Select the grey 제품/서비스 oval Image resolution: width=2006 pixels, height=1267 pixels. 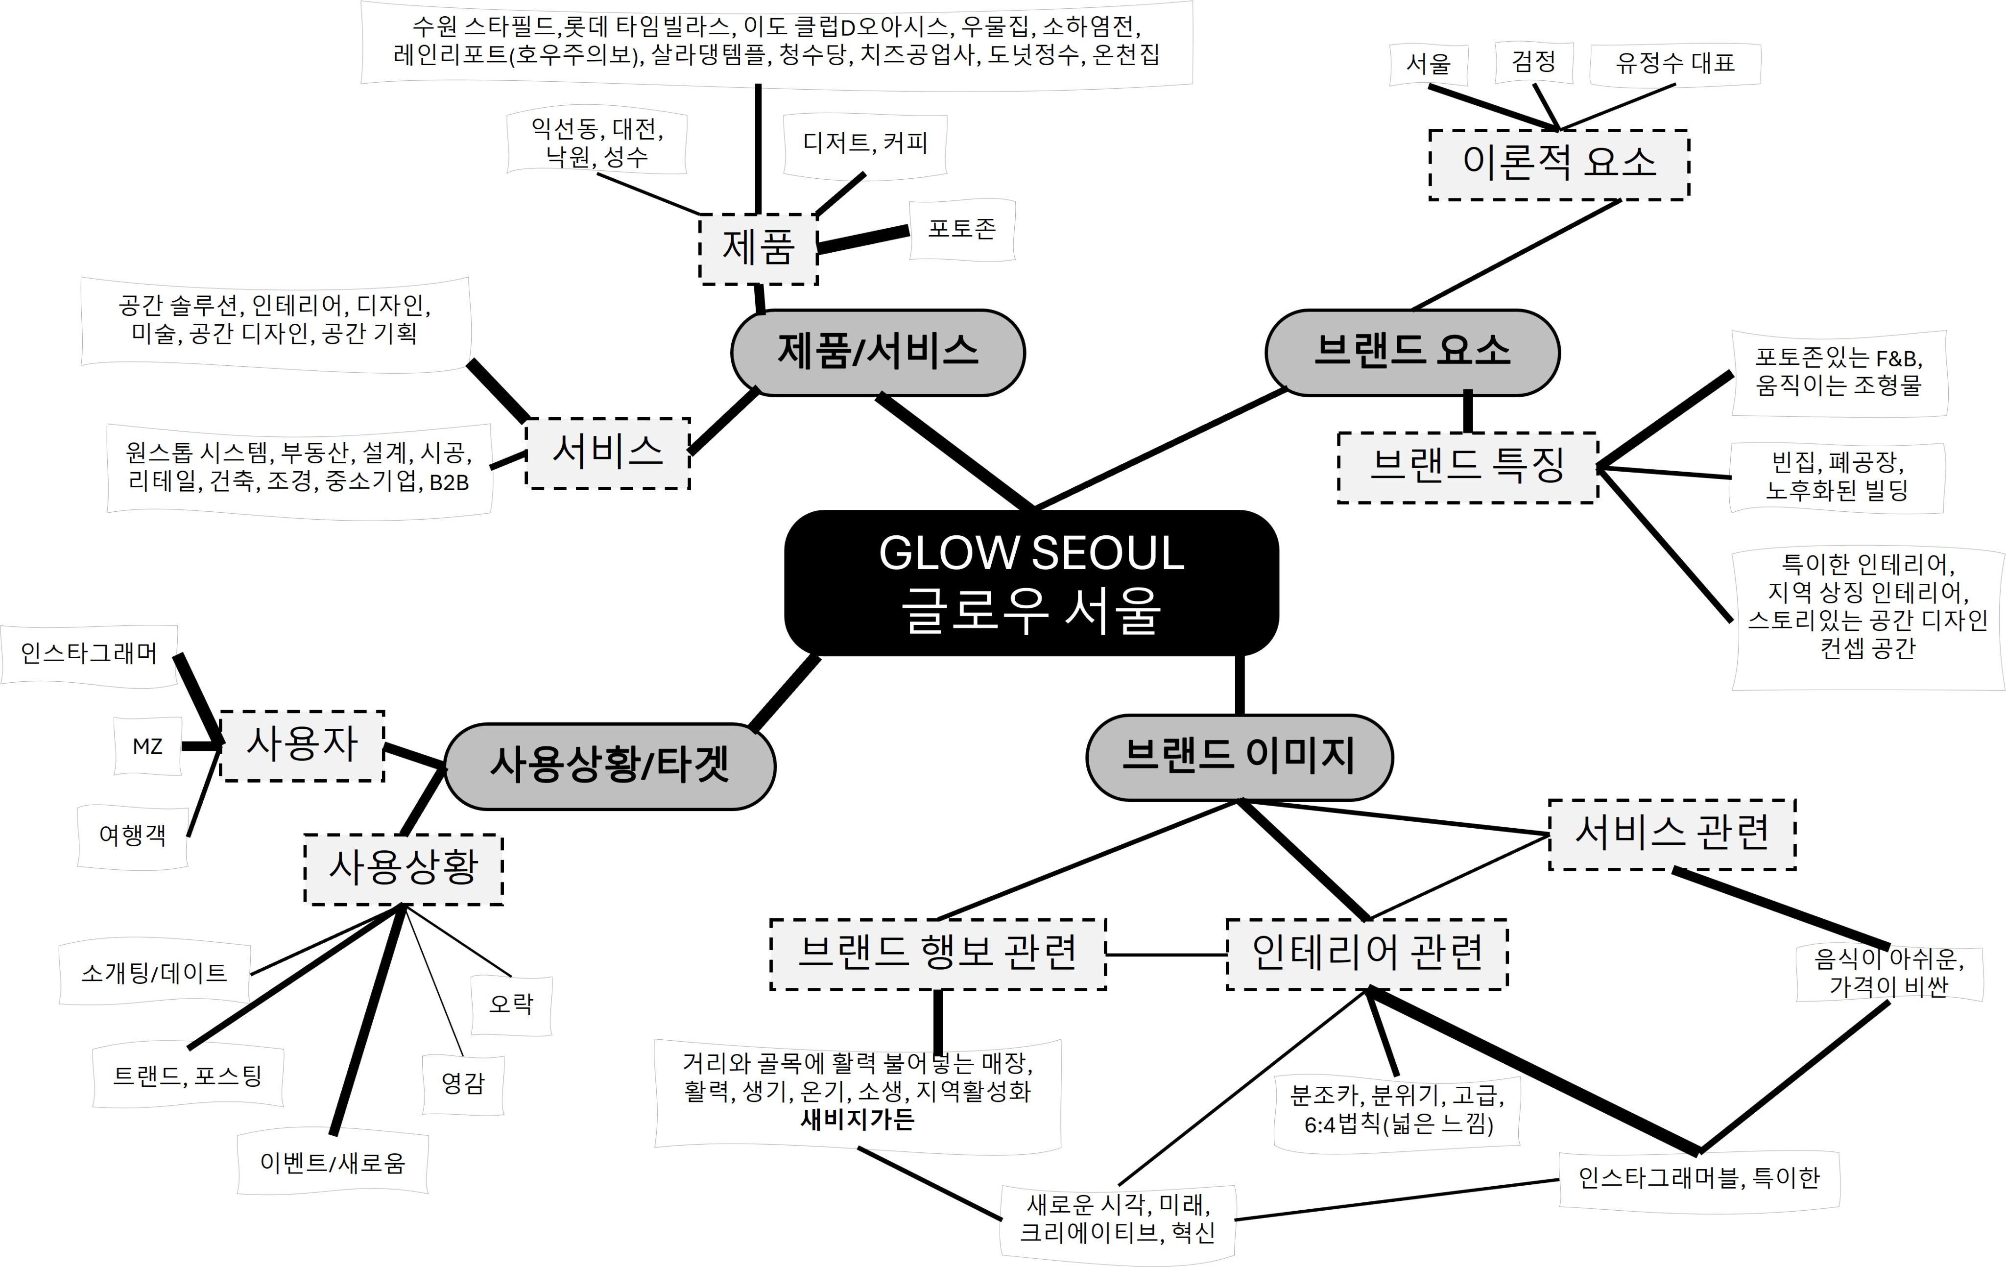tap(878, 352)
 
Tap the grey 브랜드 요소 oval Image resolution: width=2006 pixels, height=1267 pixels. tap(1412, 352)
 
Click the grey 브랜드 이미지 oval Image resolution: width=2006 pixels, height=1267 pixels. tap(1239, 756)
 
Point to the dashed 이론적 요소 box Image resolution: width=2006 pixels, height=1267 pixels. tap(1559, 164)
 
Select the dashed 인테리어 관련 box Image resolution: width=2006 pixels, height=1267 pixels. tap(1366, 954)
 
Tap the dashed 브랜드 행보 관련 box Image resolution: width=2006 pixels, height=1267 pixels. tap(938, 954)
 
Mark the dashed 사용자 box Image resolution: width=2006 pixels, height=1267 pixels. tap(302, 745)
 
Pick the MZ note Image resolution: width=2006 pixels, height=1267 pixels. tap(147, 746)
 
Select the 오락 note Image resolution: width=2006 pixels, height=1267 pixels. tap(511, 1004)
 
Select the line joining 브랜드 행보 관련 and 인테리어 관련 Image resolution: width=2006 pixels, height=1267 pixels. tap(1166, 955)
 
